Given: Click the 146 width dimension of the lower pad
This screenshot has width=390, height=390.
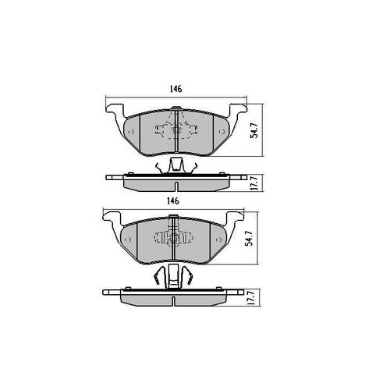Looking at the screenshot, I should click(173, 201).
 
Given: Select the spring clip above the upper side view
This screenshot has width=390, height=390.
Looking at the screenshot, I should click(175, 165).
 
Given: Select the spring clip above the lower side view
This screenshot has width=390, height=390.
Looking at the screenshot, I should click(173, 274).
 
